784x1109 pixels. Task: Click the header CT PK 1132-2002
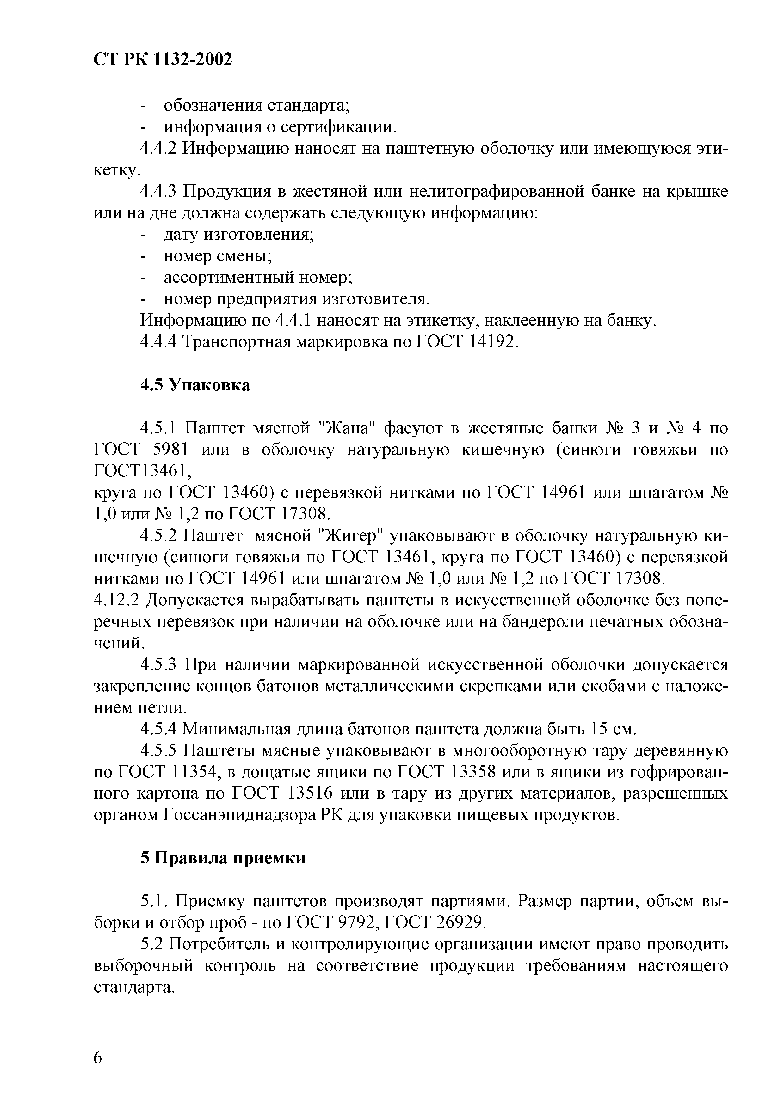click(x=162, y=59)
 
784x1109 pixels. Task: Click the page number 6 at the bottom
click(x=98, y=1058)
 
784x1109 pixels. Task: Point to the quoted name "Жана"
click(x=348, y=428)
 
